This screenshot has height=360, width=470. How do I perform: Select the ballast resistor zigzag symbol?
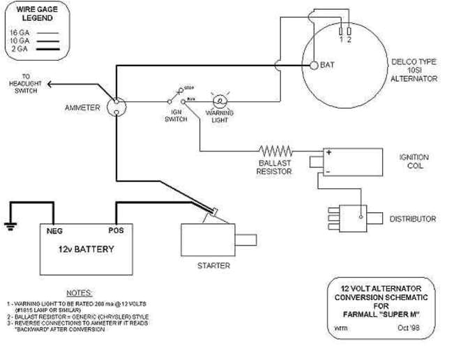coord(275,150)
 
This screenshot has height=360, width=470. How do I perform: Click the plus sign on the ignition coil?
coord(327,152)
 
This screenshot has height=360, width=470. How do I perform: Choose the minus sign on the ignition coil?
coord(327,170)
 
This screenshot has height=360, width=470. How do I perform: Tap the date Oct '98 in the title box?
coord(410,327)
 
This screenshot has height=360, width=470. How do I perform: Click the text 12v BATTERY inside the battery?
coord(86,249)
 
